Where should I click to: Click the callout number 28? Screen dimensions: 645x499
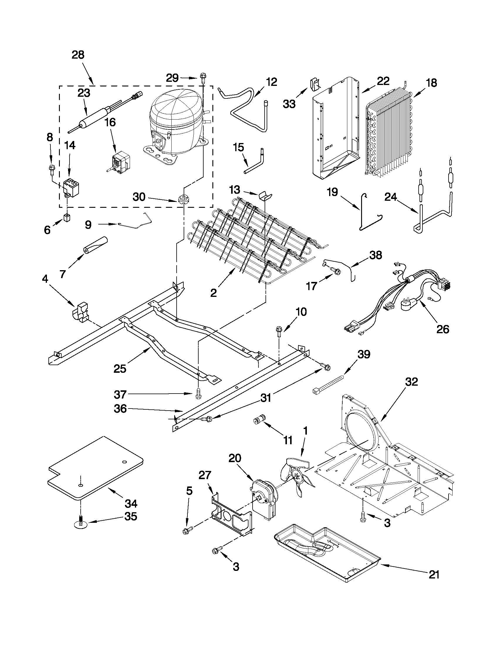tap(78, 55)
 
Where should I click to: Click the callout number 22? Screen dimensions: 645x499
tap(383, 81)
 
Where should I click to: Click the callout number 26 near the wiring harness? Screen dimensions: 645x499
tap(443, 329)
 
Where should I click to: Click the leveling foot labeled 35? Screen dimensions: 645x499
tap(80, 523)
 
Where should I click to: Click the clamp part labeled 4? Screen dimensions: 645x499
tap(81, 312)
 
